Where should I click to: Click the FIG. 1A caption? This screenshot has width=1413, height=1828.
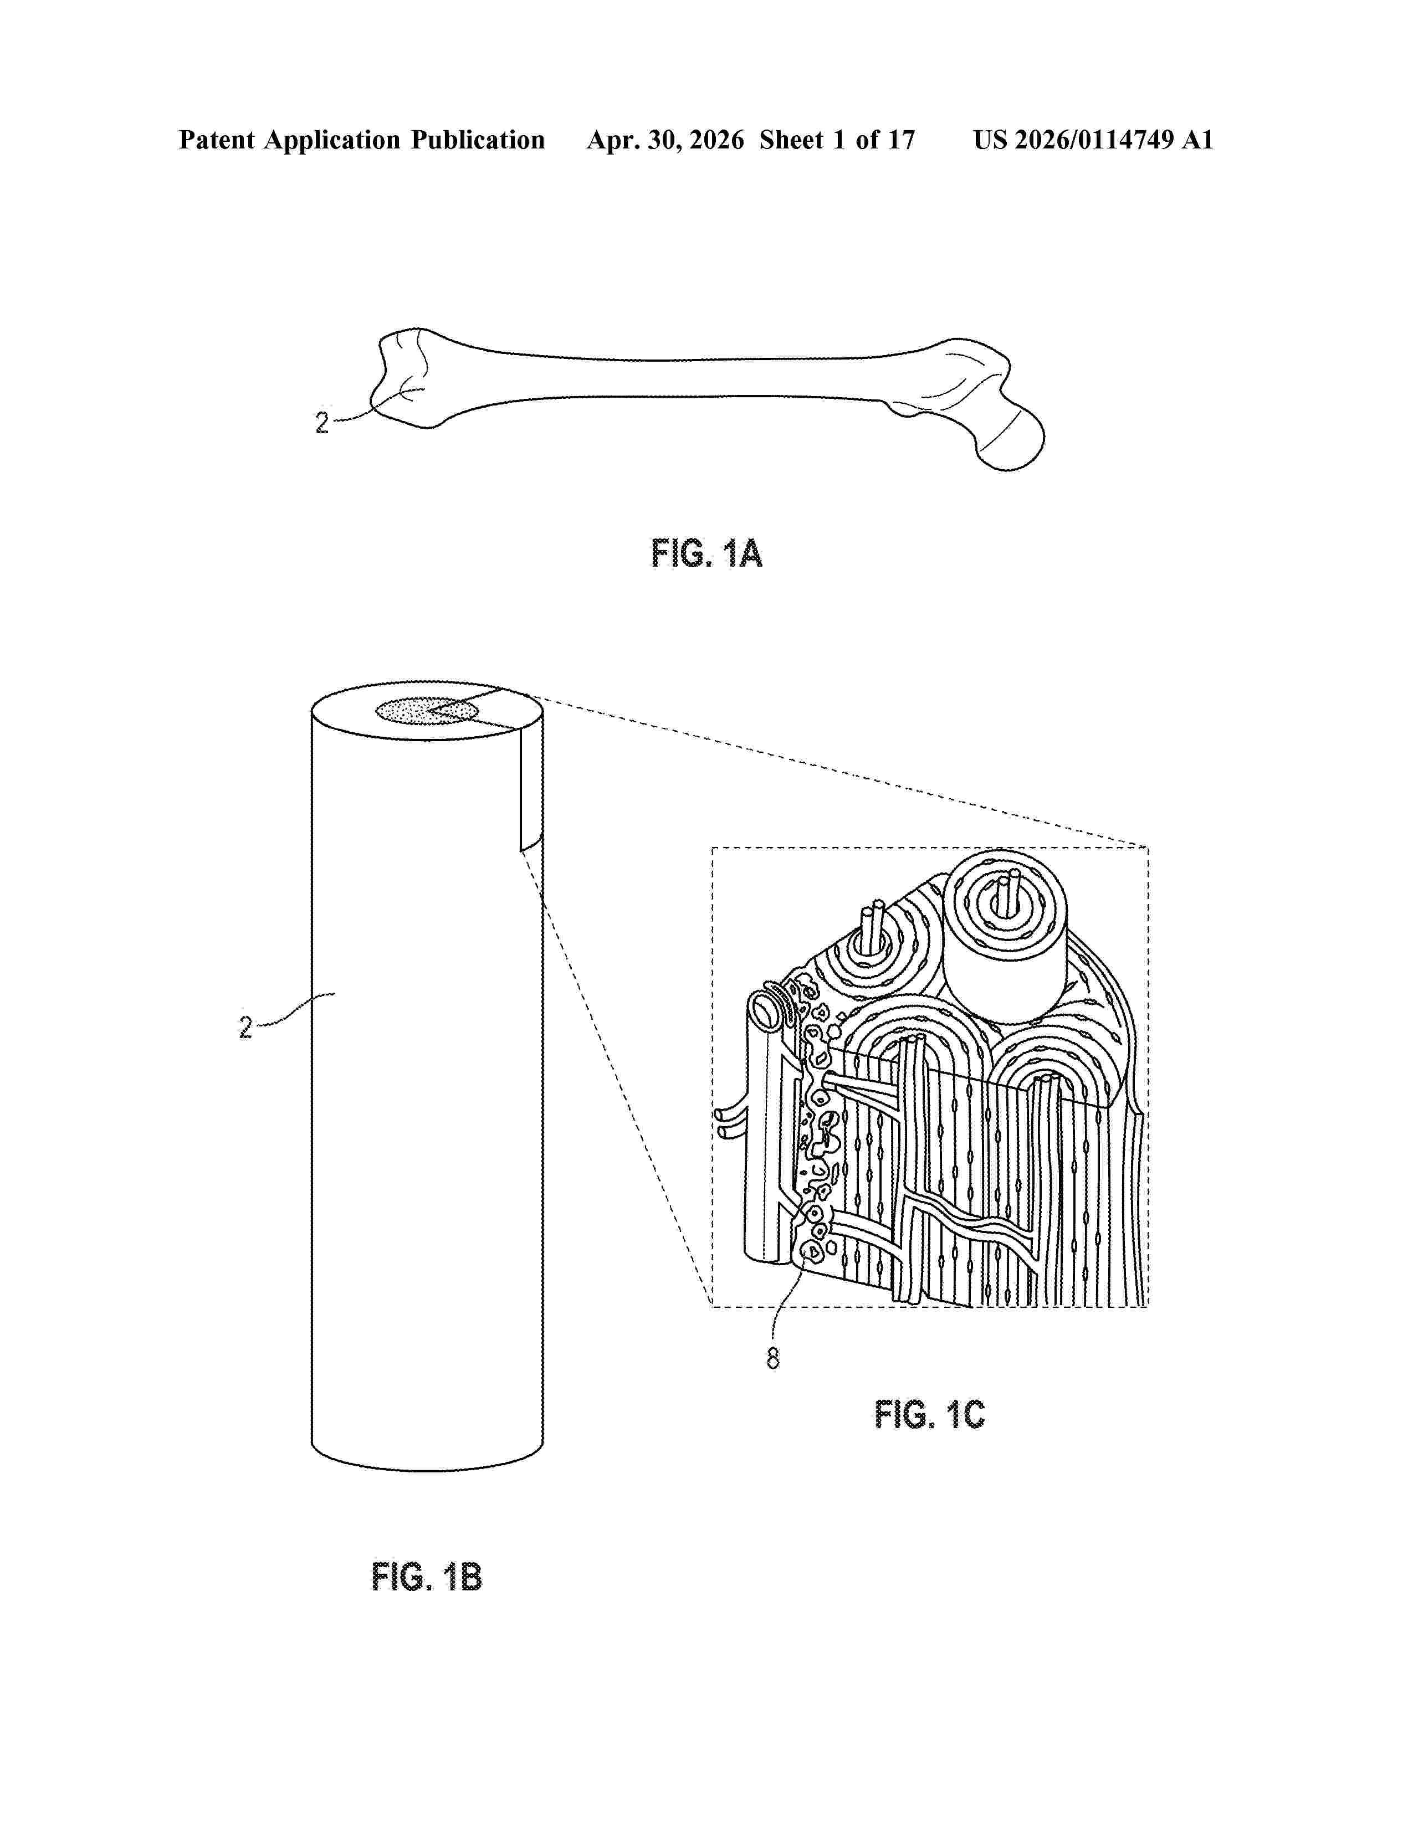click(706, 554)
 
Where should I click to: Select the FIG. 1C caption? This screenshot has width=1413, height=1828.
click(929, 1415)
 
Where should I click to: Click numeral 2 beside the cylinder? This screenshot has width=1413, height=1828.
click(245, 1027)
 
